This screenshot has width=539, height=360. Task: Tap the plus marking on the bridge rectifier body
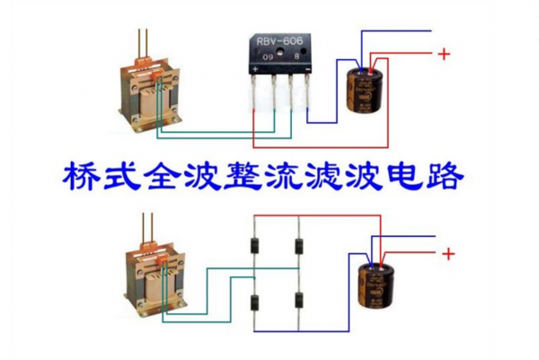coord(256,67)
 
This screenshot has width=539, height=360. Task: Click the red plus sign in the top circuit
coord(443,54)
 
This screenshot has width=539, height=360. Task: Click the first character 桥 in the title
coord(81,176)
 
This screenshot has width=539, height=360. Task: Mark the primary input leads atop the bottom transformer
coord(146,228)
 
